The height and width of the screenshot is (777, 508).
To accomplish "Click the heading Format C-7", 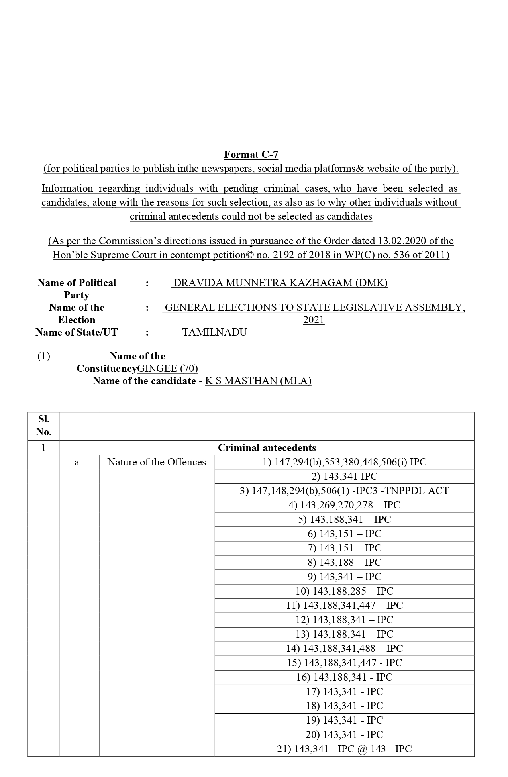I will coord(251,154).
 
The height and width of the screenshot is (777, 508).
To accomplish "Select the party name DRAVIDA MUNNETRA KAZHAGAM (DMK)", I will coord(280,283).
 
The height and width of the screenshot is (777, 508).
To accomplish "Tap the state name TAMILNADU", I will coord(214,332).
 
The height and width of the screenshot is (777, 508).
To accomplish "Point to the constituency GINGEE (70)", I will coord(167,368).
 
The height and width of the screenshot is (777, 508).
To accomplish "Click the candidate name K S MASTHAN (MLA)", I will coord(258,381).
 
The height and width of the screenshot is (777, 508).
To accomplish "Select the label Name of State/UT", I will coord(76,332).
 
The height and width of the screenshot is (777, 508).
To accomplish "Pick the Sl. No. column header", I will coord(43,425).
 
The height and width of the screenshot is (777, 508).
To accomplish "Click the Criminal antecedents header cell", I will coord(267,447).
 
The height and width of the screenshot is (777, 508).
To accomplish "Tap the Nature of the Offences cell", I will coord(157,462).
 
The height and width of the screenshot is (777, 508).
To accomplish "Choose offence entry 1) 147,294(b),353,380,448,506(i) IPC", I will coord(344,462).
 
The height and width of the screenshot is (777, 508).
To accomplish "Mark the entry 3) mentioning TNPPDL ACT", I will coord(344,491).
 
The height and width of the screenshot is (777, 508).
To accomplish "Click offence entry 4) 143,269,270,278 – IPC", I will coord(344,505).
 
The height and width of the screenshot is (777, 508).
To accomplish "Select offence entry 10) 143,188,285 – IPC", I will coord(344,591).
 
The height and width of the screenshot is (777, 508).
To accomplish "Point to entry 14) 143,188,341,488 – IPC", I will coord(344,648).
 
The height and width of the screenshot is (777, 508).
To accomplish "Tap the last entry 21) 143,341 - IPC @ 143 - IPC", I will coord(344,749).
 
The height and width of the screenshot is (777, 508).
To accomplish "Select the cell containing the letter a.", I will coord(78,462).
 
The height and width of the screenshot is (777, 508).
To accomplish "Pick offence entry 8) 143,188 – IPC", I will coord(344,562).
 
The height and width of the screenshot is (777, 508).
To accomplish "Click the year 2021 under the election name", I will coord(314,320).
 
